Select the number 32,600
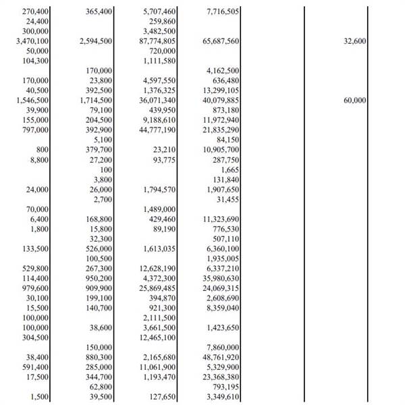(x=354, y=41)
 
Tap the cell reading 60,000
(x=354, y=100)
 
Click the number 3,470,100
(x=31, y=41)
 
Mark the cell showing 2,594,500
(x=94, y=41)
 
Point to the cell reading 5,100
(x=103, y=139)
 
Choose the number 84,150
(x=227, y=139)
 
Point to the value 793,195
(x=225, y=386)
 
